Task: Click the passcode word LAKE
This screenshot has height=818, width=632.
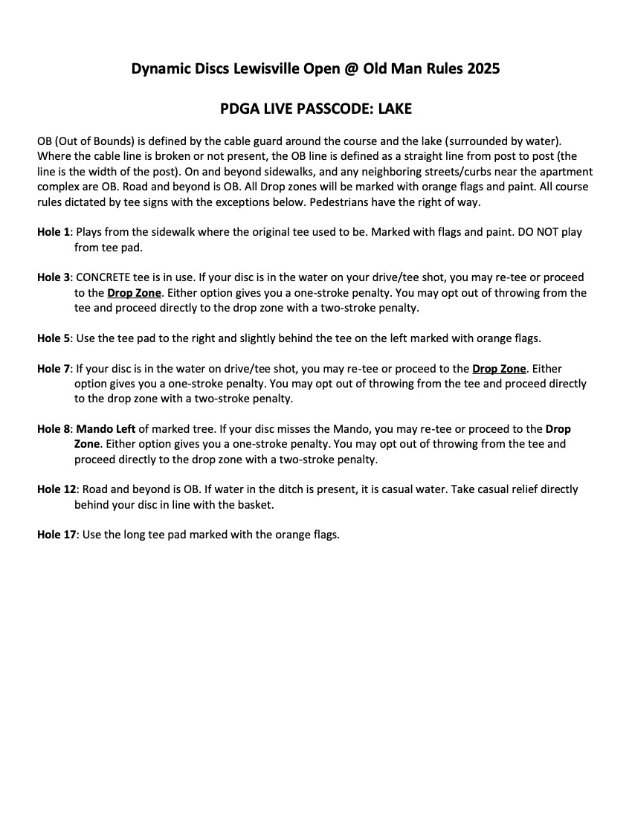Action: click(395, 109)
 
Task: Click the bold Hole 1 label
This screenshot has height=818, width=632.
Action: click(54, 232)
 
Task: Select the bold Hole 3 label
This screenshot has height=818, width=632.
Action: click(54, 277)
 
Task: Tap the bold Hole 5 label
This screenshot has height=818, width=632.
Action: click(54, 338)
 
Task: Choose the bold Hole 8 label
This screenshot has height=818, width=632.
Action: click(54, 429)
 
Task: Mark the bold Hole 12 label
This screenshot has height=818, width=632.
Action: click(57, 489)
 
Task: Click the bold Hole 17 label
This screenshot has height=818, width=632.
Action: click(57, 535)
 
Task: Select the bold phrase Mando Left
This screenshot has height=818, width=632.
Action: click(106, 429)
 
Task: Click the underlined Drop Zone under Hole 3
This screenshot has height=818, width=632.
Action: click(134, 292)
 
